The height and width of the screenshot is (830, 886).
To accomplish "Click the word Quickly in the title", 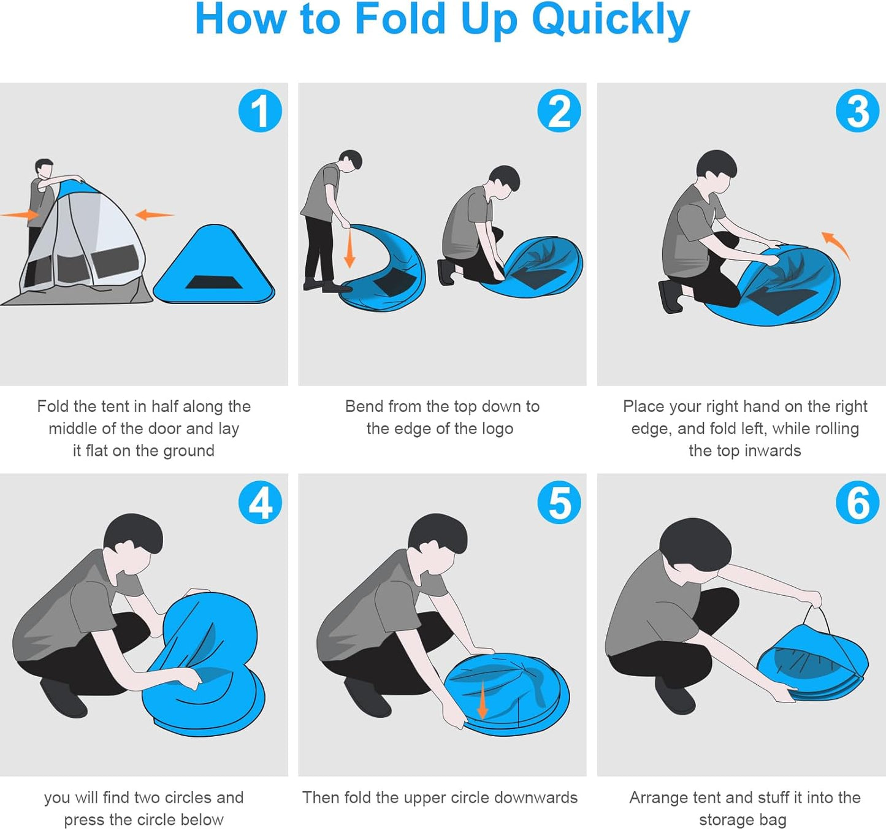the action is click(611, 20).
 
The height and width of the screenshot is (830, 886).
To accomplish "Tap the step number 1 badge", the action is click(260, 111).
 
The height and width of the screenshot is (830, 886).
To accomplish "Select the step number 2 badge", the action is click(559, 111).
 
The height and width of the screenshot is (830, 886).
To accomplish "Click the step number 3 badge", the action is click(857, 111).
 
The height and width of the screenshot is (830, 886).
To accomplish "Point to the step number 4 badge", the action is click(260, 503).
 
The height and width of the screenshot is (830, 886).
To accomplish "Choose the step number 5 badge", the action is click(559, 503).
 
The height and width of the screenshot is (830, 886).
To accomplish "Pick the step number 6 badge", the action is click(857, 503).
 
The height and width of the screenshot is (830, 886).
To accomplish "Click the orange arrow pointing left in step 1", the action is click(155, 215).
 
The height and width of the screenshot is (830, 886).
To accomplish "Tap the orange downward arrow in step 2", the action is click(349, 248).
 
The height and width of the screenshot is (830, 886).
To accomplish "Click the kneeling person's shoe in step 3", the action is click(671, 296).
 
